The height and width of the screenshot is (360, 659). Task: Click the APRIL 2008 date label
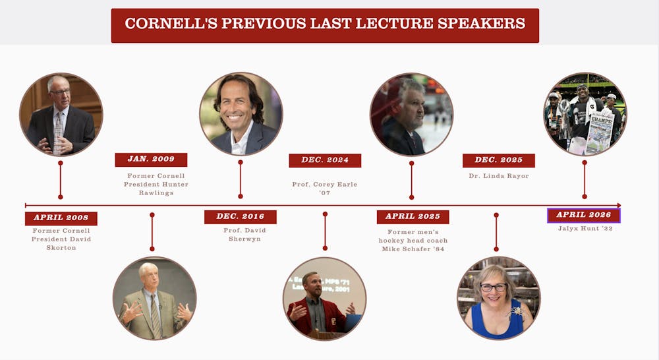pos(61,218)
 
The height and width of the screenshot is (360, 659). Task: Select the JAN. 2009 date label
pos(151,160)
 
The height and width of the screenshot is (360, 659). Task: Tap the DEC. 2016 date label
pos(241,216)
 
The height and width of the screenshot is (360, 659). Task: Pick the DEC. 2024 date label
pos(325,160)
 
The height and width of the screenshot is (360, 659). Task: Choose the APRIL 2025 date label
pos(413,216)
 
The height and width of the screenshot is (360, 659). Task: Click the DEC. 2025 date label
pos(499,160)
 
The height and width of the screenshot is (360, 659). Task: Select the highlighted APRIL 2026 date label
pos(584,215)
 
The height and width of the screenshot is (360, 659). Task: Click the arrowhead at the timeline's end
pos(619,205)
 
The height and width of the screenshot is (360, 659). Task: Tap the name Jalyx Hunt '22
pos(585,228)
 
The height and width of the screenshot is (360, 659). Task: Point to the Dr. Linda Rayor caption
pos(499,176)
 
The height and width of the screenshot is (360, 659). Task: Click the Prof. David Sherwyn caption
pos(244,235)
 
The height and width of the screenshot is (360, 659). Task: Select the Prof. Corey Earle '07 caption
pos(325,189)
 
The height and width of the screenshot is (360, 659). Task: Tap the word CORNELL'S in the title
pos(171,23)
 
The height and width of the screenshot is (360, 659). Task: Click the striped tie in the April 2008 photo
pos(59,133)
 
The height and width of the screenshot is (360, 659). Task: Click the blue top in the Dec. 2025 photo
pos(498,321)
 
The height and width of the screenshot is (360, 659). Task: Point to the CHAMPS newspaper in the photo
pos(600,135)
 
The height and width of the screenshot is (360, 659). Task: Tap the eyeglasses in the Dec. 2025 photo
pos(494,287)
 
